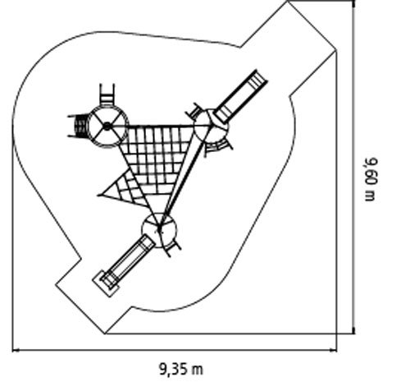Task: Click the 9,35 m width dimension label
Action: [x=181, y=369]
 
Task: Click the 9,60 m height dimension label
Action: [x=371, y=179]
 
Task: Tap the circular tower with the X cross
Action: [x=107, y=126]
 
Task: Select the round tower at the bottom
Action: [x=159, y=230]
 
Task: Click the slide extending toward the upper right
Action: [x=240, y=96]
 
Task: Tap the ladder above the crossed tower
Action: [x=107, y=94]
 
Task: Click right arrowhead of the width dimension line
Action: [x=334, y=350]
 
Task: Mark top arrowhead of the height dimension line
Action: [x=354, y=4]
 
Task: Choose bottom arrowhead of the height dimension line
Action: [x=354, y=330]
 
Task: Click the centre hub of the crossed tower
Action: [x=107, y=126]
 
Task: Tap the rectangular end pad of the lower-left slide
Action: [x=106, y=283]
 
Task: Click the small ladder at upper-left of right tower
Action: [x=194, y=112]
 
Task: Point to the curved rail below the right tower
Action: [x=219, y=147]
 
